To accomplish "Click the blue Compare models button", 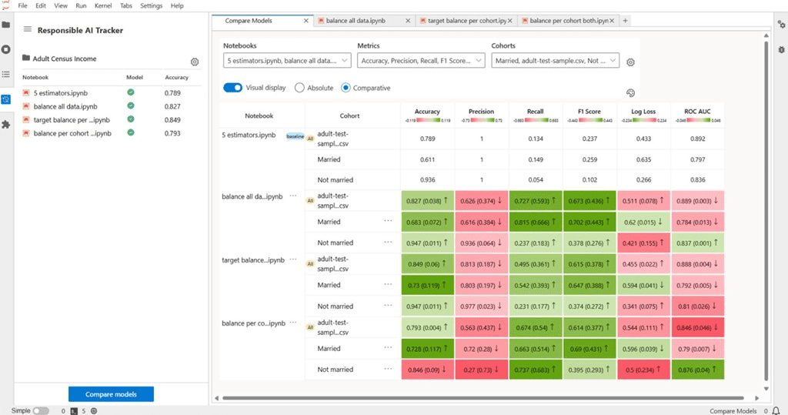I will coord(111,394).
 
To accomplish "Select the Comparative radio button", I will coord(346,88).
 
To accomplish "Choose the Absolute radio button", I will coord(300,88).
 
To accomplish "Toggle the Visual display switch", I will coord(232,88).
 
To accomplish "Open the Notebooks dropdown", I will coord(287,60).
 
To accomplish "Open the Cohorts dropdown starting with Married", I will coord(554,60).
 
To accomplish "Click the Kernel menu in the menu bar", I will coord(102,5).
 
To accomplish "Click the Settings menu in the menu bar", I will coord(151,5).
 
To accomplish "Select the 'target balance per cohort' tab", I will coord(462,21).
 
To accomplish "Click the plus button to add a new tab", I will coord(625,21).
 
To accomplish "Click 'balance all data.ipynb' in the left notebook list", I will coord(65,106).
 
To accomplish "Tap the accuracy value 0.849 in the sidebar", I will coord(172,119).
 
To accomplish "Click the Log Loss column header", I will coord(644,112).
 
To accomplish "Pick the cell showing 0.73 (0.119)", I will coord(427,285).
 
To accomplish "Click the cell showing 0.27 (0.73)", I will coord(481,370).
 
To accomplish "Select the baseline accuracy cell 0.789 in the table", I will coord(427,139).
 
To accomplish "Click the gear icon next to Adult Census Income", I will coord(195,62).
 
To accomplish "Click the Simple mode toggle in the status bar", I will coord(41,411).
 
